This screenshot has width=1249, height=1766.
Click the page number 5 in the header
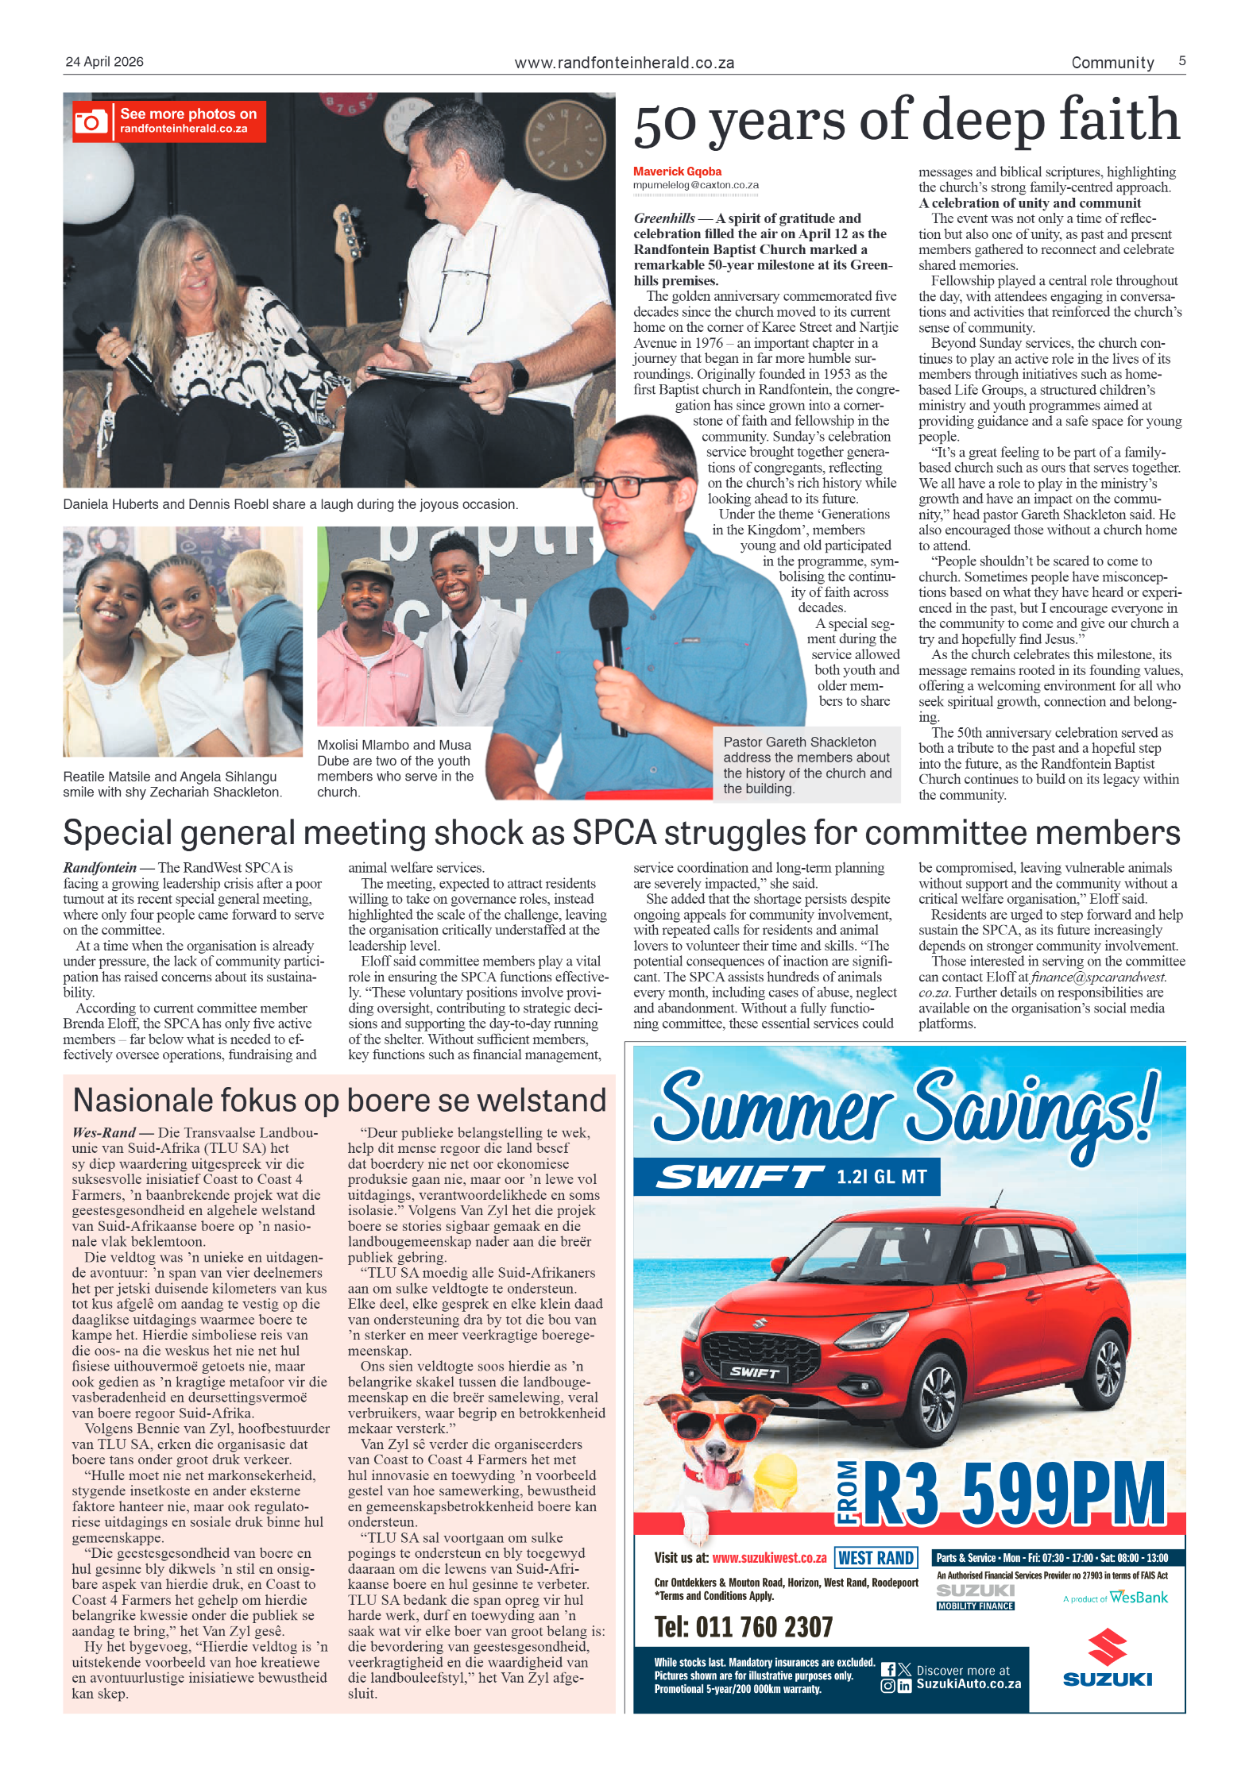pos(1181,61)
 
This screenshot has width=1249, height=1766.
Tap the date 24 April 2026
pos(104,62)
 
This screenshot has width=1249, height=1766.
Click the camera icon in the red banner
pos(91,121)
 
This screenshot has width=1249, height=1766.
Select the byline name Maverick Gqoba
pos(677,172)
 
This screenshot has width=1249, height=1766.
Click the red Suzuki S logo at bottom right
pos(1107,1647)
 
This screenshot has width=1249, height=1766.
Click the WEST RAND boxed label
pos(876,1558)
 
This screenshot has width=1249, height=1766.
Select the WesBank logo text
pos(1138,1597)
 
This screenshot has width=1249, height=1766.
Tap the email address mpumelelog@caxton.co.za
pos(695,186)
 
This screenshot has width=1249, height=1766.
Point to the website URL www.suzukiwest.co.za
pos(769,1558)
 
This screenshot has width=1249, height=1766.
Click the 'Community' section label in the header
pos(1112,63)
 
